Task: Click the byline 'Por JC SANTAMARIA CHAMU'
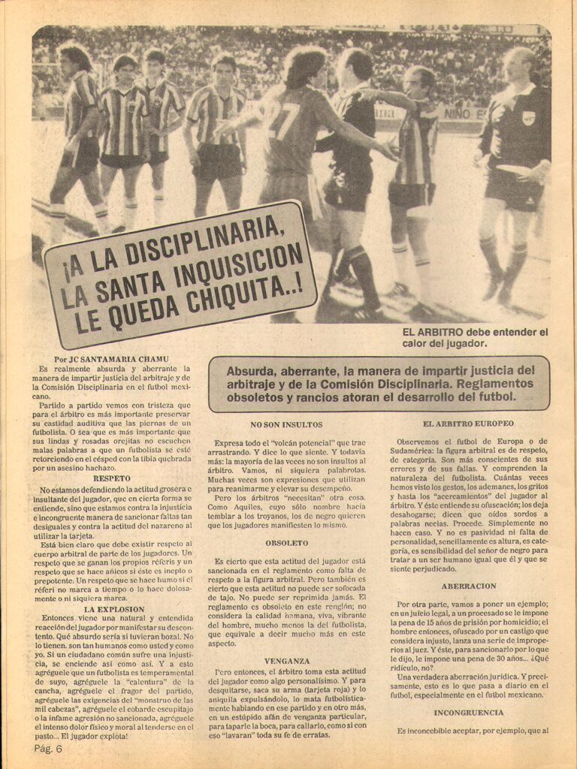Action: [x=111, y=358]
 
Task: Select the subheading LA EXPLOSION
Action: [x=111, y=609]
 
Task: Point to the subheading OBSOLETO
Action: [x=286, y=542]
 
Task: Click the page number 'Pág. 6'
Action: [x=47, y=749]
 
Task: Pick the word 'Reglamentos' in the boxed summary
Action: [x=491, y=383]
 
